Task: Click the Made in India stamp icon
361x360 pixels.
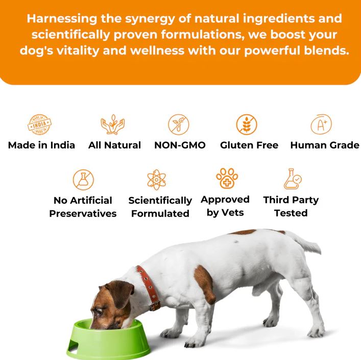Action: point(40,124)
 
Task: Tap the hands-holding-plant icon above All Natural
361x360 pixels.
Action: point(112,124)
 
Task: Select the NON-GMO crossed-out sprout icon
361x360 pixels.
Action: point(178,125)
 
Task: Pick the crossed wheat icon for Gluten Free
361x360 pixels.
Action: point(247,125)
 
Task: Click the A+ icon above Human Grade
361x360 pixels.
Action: point(321,124)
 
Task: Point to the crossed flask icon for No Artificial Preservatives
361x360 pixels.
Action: point(83,180)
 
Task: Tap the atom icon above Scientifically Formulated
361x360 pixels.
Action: point(157,180)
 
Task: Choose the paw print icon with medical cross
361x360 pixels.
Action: point(227,178)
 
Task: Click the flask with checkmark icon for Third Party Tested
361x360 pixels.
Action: point(293,179)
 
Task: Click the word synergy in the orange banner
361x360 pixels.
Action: point(150,19)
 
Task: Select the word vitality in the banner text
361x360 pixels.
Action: point(78,51)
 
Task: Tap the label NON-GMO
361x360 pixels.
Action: point(180,145)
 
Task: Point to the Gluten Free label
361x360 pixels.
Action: point(249,145)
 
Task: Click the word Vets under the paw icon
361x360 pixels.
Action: point(233,212)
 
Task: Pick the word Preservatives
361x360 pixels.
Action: point(83,213)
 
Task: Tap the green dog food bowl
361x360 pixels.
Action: point(108,340)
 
